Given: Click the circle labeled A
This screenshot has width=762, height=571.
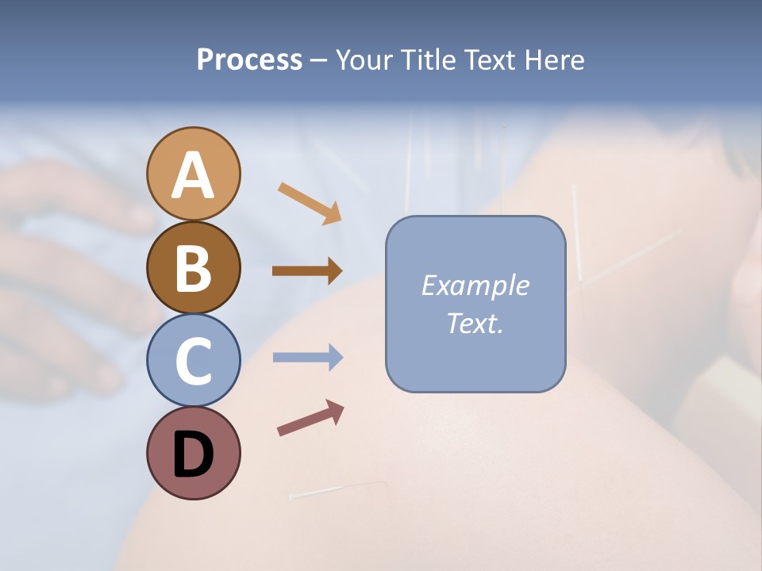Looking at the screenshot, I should coord(193,174).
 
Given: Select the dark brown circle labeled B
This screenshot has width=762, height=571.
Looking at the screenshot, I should coord(193,267).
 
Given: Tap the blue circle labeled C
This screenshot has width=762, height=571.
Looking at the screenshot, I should coord(193,360).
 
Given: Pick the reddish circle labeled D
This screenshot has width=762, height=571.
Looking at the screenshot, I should coord(193,453).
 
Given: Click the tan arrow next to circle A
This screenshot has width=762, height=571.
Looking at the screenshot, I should coord(309,202).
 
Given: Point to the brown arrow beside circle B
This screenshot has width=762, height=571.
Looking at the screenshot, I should coord(307,270).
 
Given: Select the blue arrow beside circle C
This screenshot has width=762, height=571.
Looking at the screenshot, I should coord(307,358).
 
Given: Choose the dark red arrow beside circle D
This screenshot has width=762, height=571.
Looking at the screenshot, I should coord(310,418).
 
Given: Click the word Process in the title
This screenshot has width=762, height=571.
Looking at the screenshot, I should coord(249,60).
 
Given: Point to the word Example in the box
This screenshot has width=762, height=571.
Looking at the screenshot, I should coord(475,285).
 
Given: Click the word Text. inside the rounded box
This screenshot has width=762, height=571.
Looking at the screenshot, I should coord(475,323).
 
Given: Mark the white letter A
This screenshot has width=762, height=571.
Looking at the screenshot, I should coord(193,175).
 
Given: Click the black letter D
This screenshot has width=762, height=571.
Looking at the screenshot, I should coord(193,454).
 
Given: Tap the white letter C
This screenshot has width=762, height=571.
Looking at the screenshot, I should coord(193,362).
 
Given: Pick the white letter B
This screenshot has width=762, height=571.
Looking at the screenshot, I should coord(193,268).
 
